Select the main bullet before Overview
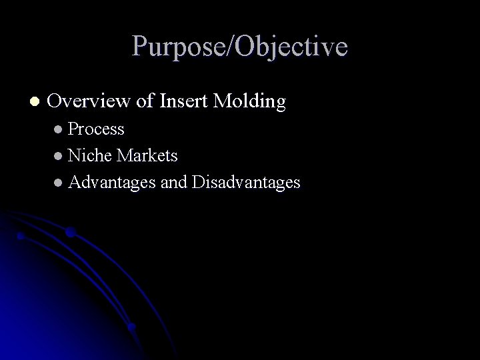pyautogui.click(x=34, y=102)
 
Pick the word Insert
pyautogui.click(x=184, y=101)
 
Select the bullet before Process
pyautogui.click(x=59, y=129)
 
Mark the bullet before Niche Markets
pyautogui.click(x=59, y=155)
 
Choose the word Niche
pyautogui.click(x=91, y=155)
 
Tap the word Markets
pyautogui.click(x=147, y=155)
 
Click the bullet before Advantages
pyautogui.click(x=59, y=182)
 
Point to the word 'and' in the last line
pyautogui.click(x=173, y=182)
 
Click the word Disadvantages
pyautogui.click(x=245, y=182)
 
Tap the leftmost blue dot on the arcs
pyautogui.click(x=21, y=235)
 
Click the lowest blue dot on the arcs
pyautogui.click(x=131, y=327)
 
